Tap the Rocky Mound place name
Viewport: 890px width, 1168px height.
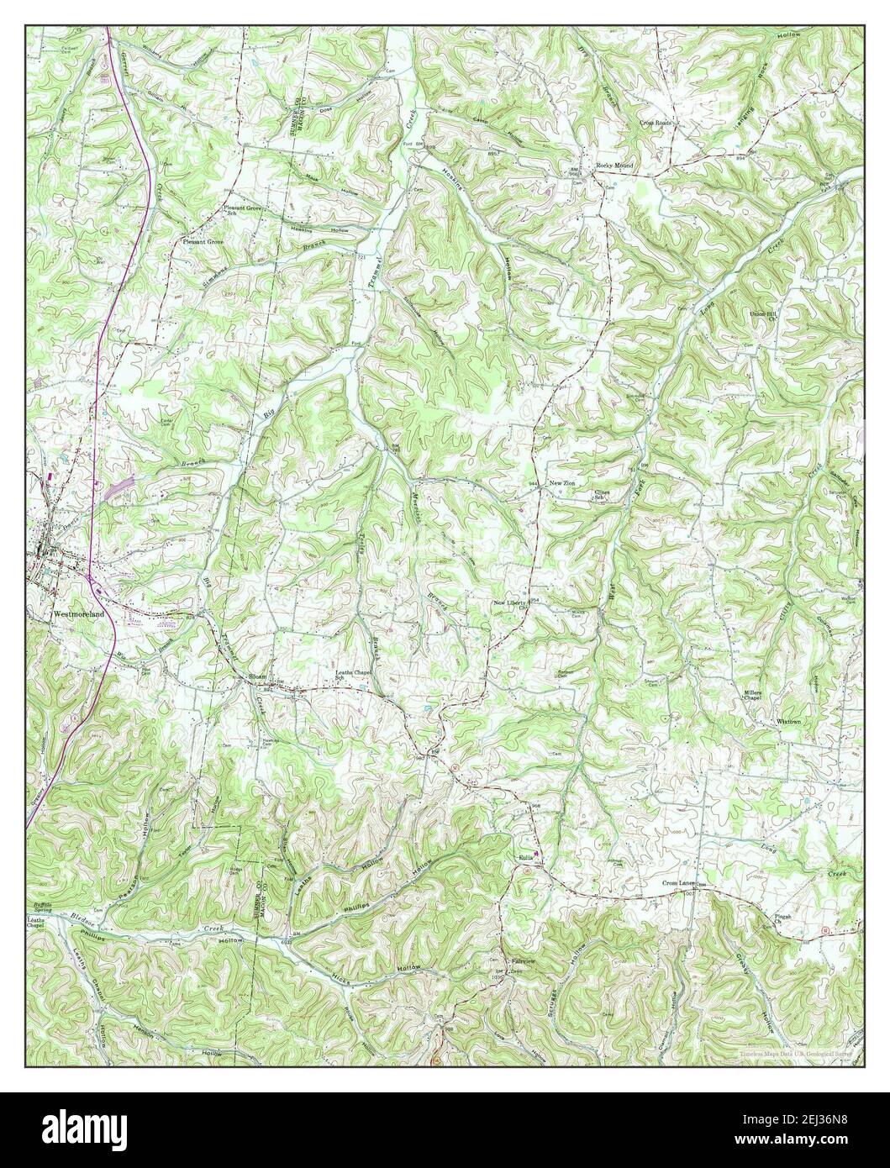pos(614,166)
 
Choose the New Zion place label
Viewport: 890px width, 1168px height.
pos(562,484)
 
